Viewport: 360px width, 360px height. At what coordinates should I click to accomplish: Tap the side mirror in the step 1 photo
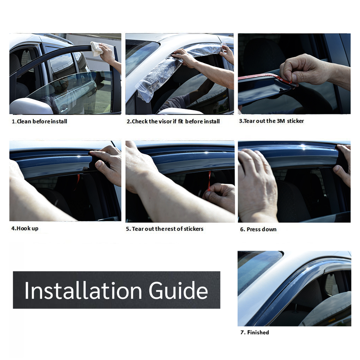[30, 106]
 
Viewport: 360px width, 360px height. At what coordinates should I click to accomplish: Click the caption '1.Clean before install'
[39, 121]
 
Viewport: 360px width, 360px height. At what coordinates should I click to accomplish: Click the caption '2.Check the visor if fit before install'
[173, 121]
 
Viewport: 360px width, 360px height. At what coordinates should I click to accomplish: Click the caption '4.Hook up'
[25, 228]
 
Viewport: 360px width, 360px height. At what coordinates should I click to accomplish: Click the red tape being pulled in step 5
[209, 180]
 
